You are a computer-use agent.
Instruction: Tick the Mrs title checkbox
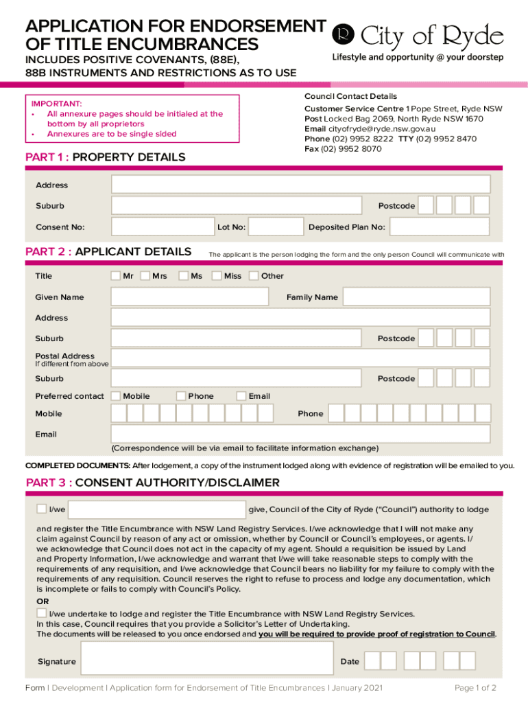click(145, 276)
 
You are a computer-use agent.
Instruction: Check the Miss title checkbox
click(217, 276)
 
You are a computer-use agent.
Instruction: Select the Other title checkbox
click(254, 276)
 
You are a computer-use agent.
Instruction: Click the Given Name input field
click(190, 297)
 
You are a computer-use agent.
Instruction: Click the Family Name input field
click(416, 297)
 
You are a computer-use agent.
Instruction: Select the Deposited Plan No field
click(440, 227)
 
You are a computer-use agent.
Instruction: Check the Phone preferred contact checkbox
click(181, 396)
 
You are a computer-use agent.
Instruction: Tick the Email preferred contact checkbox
click(241, 396)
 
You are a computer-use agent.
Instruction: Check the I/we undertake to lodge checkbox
click(42, 612)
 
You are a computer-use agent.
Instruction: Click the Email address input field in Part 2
click(300, 434)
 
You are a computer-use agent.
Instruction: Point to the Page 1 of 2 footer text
click(475, 688)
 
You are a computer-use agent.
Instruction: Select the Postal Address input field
click(300, 358)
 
